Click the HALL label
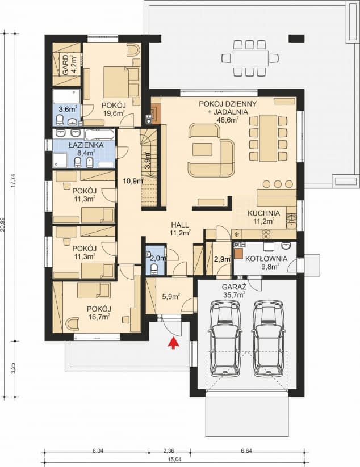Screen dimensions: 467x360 point(180,224)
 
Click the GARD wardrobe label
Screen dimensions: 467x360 point(65,61)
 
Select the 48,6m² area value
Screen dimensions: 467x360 point(228,120)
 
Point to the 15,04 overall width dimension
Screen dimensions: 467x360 point(174,459)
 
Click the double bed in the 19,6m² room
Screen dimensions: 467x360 point(119,82)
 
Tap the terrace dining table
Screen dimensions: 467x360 point(250,58)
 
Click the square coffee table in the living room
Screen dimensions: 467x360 point(200,150)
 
